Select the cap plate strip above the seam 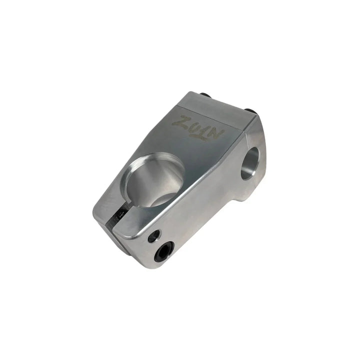point(220,106)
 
